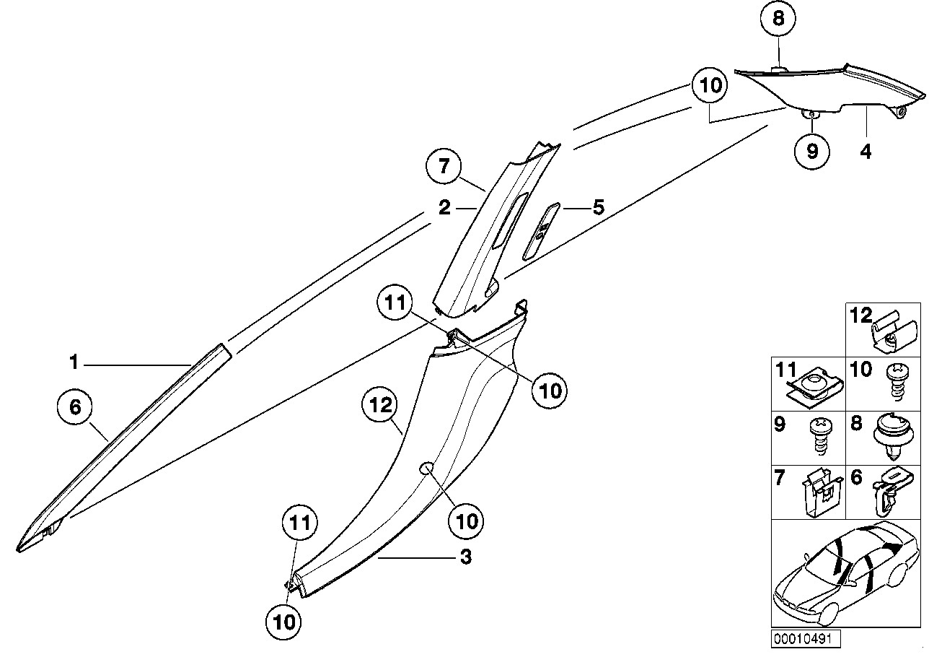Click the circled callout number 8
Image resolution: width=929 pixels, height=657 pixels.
click(x=778, y=18)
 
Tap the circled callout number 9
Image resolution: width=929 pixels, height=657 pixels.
click(x=812, y=151)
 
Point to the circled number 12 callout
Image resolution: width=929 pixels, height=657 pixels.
click(x=380, y=406)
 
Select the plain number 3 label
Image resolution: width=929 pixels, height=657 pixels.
click(x=466, y=557)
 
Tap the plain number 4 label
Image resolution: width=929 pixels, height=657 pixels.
click(x=866, y=152)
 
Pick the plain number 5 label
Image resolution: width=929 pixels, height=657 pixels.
click(x=598, y=208)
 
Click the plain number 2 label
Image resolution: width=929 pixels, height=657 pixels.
click(x=444, y=208)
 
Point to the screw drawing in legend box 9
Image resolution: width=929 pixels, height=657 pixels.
click(x=820, y=435)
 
